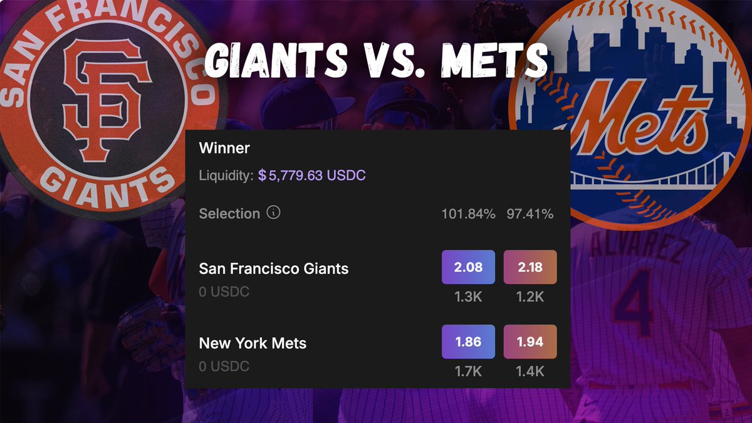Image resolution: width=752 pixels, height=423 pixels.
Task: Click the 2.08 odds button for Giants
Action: pyautogui.click(x=468, y=268)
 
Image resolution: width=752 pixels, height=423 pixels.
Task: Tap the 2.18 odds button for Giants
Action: pyautogui.click(x=530, y=268)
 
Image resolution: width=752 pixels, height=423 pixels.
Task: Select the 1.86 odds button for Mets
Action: pyautogui.click(x=468, y=342)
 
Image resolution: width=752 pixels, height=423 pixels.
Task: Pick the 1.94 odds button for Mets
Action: pyautogui.click(x=530, y=342)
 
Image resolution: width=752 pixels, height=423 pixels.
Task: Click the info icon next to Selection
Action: pyautogui.click(x=273, y=213)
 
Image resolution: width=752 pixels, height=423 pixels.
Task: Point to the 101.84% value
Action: pyautogui.click(x=468, y=214)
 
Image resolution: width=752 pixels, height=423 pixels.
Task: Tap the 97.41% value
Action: pyautogui.click(x=530, y=214)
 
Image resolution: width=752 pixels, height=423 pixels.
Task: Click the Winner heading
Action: pyautogui.click(x=224, y=149)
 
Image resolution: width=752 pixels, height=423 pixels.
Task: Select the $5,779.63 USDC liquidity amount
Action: pyautogui.click(x=312, y=175)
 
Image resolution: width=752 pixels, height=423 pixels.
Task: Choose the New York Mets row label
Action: pyautogui.click(x=253, y=343)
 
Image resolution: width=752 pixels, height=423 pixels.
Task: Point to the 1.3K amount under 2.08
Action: pyautogui.click(x=468, y=296)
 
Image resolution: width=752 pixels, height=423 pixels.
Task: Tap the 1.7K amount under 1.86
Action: pyautogui.click(x=468, y=372)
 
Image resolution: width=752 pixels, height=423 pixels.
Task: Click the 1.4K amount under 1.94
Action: pyautogui.click(x=530, y=372)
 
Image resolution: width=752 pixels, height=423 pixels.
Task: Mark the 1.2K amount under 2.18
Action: pyautogui.click(x=530, y=296)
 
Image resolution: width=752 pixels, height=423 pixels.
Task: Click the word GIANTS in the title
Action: pyautogui.click(x=277, y=61)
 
